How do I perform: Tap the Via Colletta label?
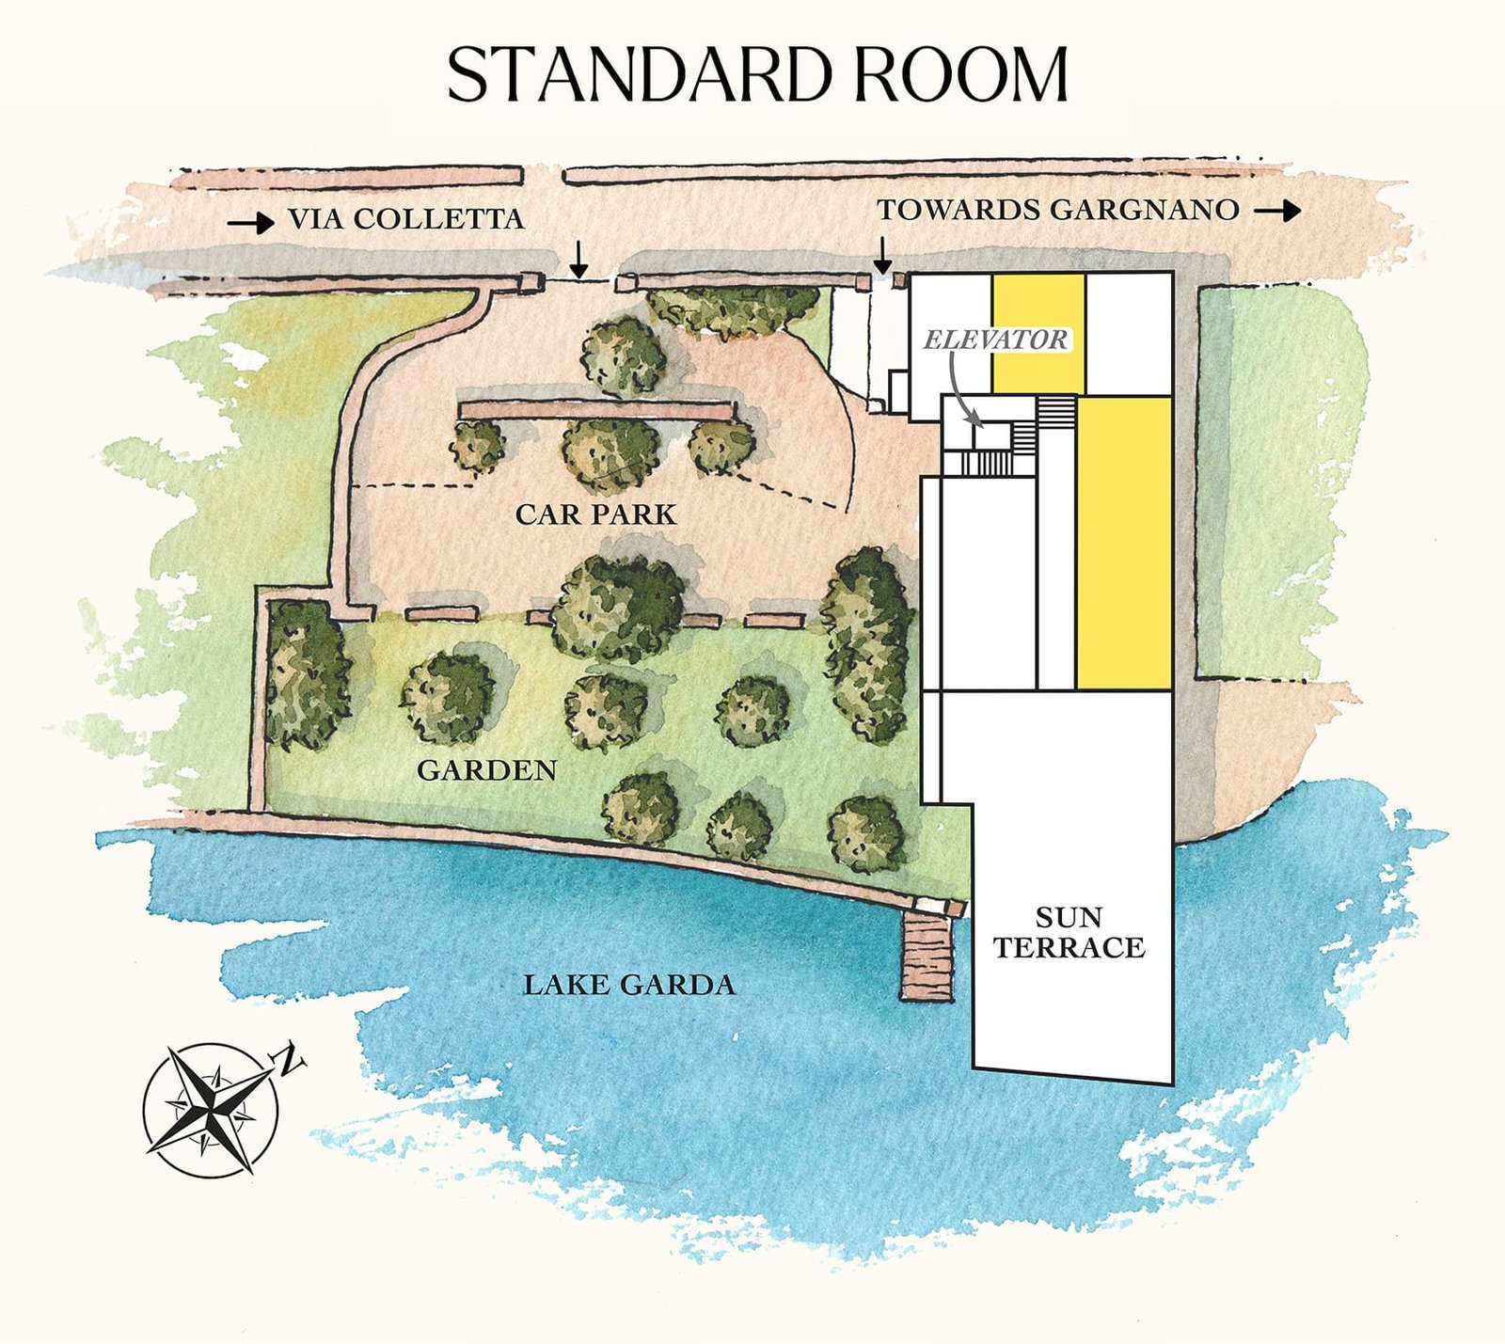click(x=405, y=219)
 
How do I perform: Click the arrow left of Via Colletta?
click(x=250, y=223)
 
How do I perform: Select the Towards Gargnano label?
click(x=1058, y=210)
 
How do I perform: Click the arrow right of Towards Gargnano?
click(x=1277, y=211)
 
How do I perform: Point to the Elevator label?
click(x=996, y=340)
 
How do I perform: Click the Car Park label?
click(x=595, y=514)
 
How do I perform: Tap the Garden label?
click(x=486, y=770)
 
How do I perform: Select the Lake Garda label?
click(x=628, y=985)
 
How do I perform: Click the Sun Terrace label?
click(x=1069, y=932)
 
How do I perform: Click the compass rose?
click(x=212, y=1109)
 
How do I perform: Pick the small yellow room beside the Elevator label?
click(x=1038, y=334)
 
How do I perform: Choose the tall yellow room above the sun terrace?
click(x=1124, y=543)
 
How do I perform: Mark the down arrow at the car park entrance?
click(x=579, y=259)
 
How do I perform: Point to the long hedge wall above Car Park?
click(x=597, y=411)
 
